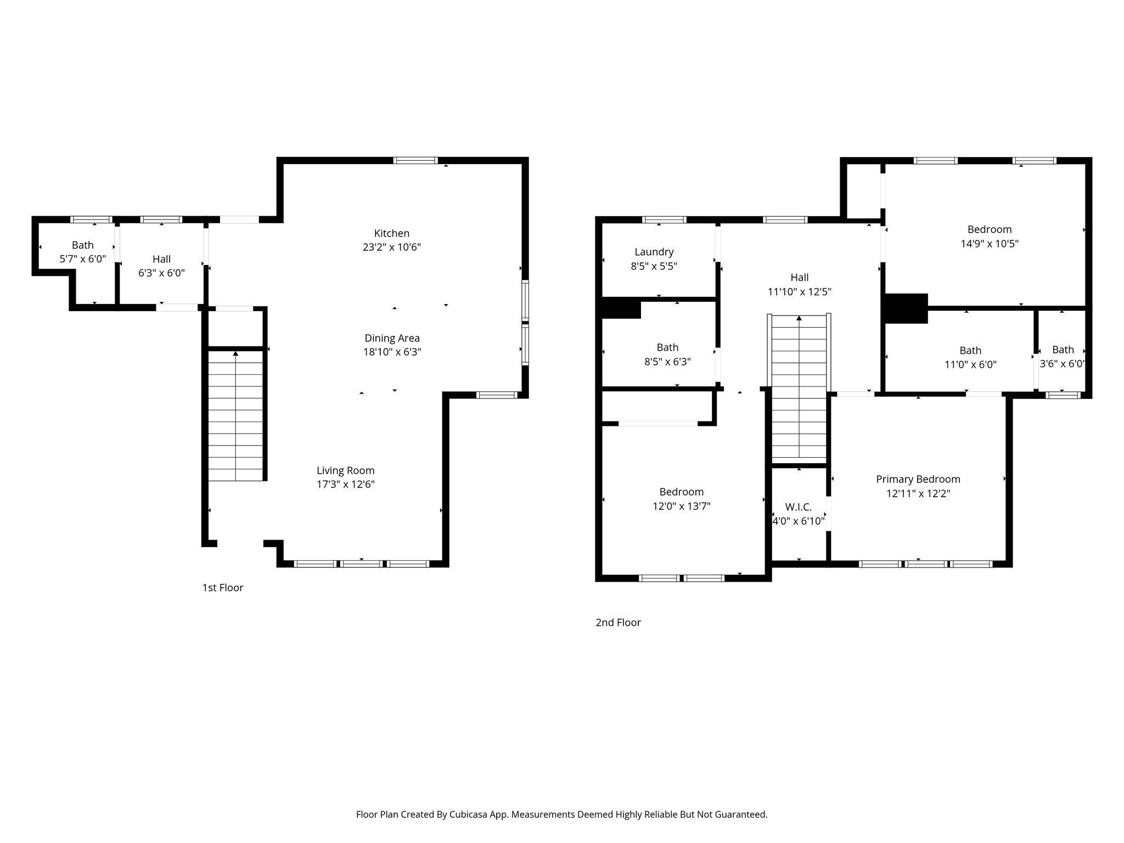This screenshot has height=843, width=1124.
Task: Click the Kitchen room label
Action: [391, 233]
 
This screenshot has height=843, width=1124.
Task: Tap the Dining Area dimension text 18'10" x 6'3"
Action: [392, 352]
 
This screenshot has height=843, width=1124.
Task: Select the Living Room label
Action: [345, 470]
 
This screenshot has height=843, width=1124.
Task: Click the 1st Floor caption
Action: [222, 588]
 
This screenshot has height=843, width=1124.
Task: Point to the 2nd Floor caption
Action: [618, 622]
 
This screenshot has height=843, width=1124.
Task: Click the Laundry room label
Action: [654, 252]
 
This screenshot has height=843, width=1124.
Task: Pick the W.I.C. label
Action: [798, 507]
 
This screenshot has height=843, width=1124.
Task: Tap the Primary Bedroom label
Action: [918, 479]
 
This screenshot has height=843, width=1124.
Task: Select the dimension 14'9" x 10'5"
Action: [989, 244]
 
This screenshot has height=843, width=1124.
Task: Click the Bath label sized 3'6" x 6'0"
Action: [1063, 350]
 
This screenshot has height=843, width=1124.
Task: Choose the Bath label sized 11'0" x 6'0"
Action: [970, 350]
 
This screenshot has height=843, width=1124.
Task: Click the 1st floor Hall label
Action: [161, 259]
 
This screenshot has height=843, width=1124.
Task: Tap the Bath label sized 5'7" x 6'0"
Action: [82, 245]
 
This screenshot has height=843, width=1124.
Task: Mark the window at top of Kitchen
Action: [415, 160]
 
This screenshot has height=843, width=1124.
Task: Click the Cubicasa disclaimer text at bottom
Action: [561, 814]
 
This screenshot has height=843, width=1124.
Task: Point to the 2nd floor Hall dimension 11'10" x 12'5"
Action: [799, 292]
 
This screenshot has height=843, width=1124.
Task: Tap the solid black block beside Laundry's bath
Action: [621, 308]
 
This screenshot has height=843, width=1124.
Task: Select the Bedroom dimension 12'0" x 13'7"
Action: [681, 506]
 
